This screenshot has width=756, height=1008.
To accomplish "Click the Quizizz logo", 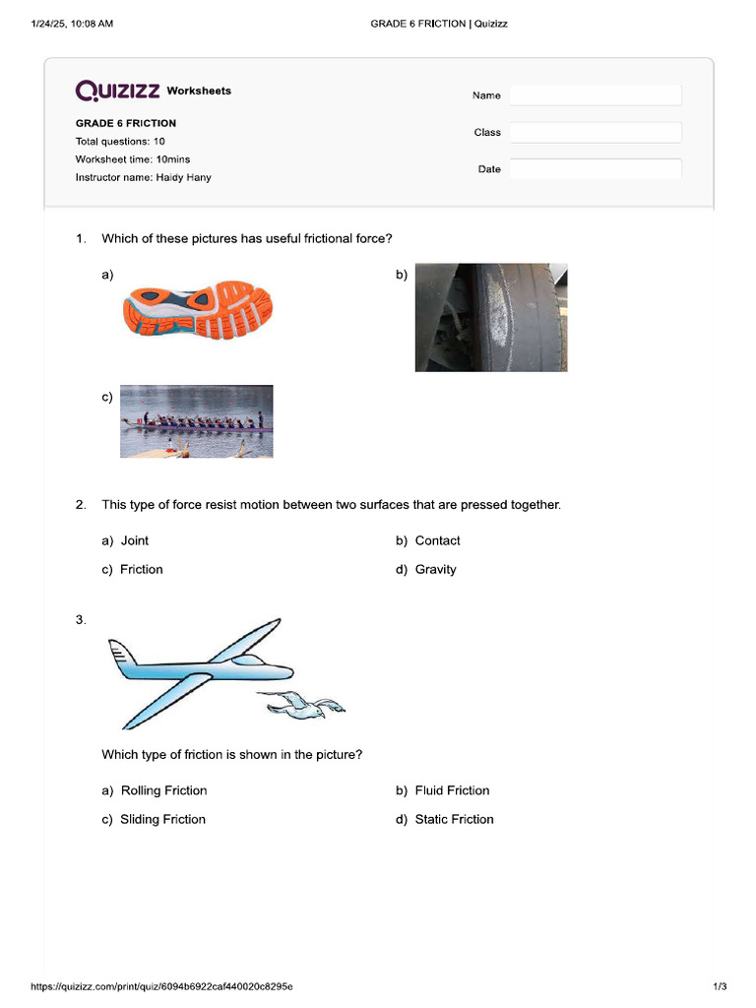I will pyautogui.click(x=118, y=91).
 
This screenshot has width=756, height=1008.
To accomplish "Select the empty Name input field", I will pyautogui.click(x=595, y=95).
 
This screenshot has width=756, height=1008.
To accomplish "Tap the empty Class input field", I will pyautogui.click(x=595, y=132).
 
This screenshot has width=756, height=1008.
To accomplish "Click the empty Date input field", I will pyautogui.click(x=595, y=169).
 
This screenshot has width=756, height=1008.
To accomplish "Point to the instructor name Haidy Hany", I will pyautogui.click(x=183, y=178).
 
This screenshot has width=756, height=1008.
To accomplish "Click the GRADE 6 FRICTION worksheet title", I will pyautogui.click(x=126, y=124).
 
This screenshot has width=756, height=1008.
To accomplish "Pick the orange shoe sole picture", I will pyautogui.click(x=197, y=311).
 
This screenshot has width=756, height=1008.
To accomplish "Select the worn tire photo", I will pyautogui.click(x=490, y=317).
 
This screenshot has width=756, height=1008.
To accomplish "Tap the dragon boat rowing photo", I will pyautogui.click(x=196, y=421).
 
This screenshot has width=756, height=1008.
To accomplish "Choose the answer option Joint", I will pyautogui.click(x=134, y=540).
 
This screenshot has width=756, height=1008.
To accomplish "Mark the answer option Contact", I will pyautogui.click(x=437, y=540).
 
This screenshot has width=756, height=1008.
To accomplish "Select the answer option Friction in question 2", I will pyautogui.click(x=141, y=570).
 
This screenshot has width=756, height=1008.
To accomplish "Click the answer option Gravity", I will pyautogui.click(x=435, y=570).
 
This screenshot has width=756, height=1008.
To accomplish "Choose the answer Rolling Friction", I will pyautogui.click(x=163, y=790).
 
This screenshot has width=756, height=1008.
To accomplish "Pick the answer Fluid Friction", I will pyautogui.click(x=452, y=790).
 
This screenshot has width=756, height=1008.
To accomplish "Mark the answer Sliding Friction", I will pyautogui.click(x=162, y=820).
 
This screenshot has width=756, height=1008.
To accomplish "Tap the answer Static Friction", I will pyautogui.click(x=454, y=820).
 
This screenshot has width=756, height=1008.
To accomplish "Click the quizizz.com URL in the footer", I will pyautogui.click(x=161, y=986).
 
